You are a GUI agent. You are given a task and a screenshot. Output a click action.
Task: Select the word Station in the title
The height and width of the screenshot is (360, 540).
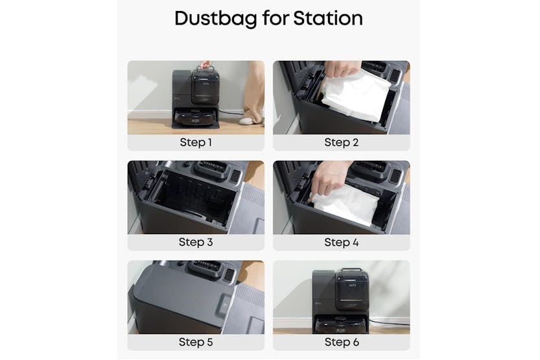(x=329, y=18)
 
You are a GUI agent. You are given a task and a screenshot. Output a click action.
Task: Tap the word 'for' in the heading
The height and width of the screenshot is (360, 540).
(x=273, y=18)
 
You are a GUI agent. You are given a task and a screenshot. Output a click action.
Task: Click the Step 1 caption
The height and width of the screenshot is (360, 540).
(x=195, y=143)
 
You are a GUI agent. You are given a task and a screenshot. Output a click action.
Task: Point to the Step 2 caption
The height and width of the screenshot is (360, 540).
(x=341, y=143)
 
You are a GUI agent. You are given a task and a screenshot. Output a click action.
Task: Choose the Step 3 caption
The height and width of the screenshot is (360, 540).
(x=195, y=243)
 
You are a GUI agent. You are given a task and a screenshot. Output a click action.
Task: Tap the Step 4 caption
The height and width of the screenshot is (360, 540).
(x=341, y=243)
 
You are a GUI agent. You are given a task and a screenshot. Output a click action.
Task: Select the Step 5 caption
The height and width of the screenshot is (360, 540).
(x=195, y=342)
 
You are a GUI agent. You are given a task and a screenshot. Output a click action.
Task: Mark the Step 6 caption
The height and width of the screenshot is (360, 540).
(x=341, y=342)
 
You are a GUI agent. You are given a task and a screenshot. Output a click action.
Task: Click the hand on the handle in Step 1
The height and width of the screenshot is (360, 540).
(x=205, y=65)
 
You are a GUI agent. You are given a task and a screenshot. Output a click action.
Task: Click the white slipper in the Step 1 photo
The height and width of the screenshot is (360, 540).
(x=247, y=121)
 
